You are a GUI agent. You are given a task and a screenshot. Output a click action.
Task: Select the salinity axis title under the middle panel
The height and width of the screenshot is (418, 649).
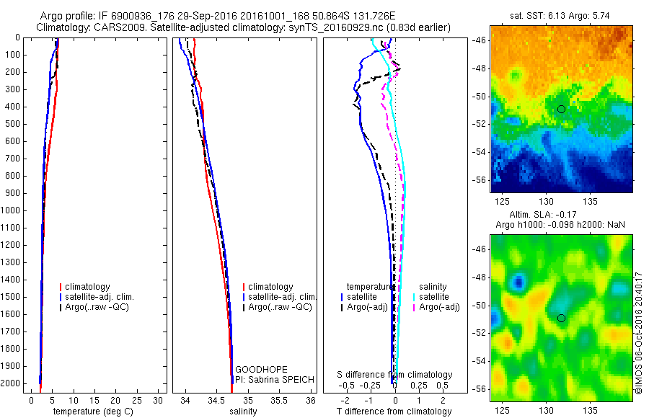pos(243,412)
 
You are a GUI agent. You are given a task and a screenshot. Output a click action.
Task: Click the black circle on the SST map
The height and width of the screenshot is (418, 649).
pos(561,109)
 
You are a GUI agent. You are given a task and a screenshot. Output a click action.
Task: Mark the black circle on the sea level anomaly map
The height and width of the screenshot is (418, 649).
pos(561,318)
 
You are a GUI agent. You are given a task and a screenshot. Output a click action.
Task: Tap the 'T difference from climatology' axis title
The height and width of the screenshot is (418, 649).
pos(394,412)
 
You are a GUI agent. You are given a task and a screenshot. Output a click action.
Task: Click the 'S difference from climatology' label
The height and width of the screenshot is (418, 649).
pos(395,375)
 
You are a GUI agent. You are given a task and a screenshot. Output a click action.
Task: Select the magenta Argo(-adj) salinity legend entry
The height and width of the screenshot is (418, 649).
pos(440,308)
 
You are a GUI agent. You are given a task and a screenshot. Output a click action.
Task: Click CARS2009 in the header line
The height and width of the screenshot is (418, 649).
pos(115,27)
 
